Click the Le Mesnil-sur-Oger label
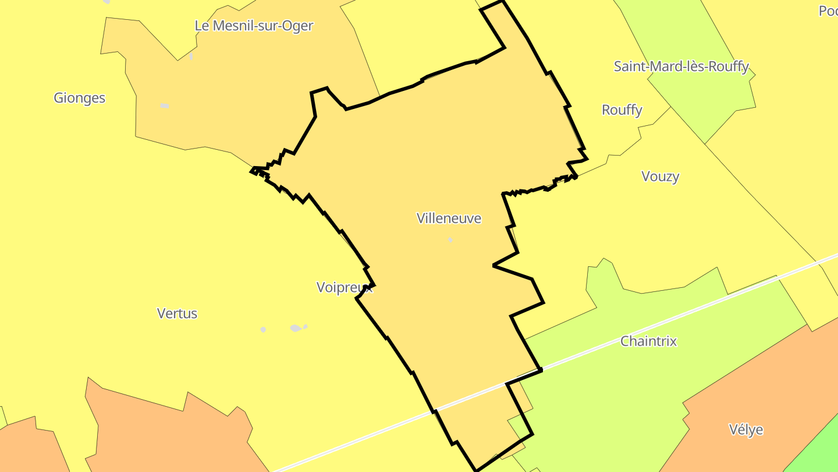pos(254,26)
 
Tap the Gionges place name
pos(79,98)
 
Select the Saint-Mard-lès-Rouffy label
pos(681,66)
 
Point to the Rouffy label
pos(622,110)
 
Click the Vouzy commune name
pos(660,177)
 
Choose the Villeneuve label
pos(449,219)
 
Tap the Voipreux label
pos(344,287)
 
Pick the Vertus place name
pos(177,314)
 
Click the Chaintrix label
pos(648,341)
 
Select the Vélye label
pos(745,430)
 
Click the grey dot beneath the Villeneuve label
pos(450,239)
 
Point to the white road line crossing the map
pos(640,326)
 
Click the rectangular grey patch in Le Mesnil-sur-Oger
pos(165,106)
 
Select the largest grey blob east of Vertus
pos(296,328)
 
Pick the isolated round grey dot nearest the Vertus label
pos(263,330)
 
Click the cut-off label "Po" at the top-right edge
pos(828,10)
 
